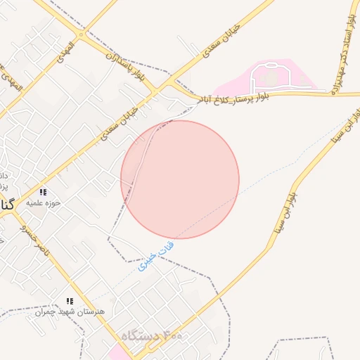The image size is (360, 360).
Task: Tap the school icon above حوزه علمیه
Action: pos(43,192)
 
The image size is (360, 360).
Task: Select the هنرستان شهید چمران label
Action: pos(70,311)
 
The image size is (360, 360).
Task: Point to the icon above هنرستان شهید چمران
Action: pos(70,300)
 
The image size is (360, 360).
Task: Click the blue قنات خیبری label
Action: pos(156,257)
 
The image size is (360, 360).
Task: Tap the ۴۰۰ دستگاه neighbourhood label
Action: pos(152,337)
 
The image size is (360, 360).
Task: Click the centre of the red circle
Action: pos(180,179)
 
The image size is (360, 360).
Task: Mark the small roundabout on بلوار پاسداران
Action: pos(82,34)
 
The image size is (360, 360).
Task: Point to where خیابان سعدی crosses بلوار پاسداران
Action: pos(169,83)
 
